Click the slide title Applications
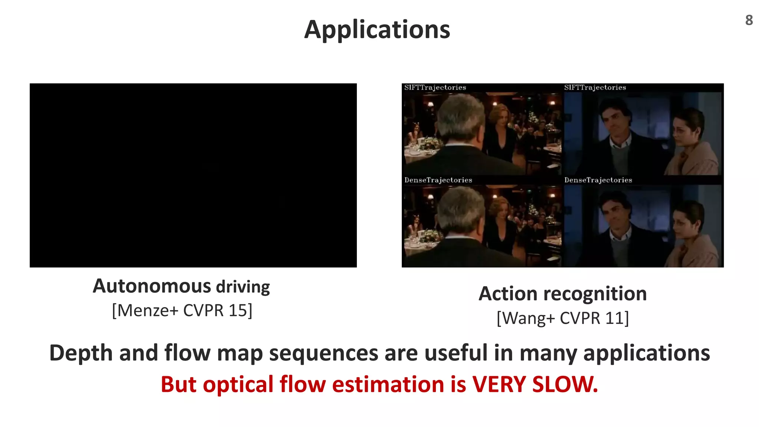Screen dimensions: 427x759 point(377,30)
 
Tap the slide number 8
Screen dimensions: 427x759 point(749,20)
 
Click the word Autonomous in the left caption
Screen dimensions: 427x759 point(152,287)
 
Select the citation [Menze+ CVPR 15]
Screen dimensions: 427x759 point(182,311)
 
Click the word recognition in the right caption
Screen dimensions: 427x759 point(595,294)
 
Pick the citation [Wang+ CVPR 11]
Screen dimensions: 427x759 point(563,318)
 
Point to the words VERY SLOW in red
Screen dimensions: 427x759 point(534,384)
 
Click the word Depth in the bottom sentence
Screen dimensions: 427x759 point(80,353)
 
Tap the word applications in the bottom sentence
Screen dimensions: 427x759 point(646,353)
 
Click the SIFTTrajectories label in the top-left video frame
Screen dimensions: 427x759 point(435,88)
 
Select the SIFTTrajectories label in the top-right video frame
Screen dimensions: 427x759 point(595,88)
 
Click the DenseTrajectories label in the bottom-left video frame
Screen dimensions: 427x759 point(438,180)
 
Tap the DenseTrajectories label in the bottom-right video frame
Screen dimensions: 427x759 point(598,180)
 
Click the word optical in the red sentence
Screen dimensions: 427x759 point(238,384)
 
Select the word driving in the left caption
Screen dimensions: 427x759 point(243,287)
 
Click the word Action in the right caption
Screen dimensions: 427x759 point(507,294)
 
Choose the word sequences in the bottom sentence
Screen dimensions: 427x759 point(323,353)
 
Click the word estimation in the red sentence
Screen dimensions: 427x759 point(388,384)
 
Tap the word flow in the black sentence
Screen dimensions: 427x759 point(187,353)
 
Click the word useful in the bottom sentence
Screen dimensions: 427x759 point(455,353)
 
